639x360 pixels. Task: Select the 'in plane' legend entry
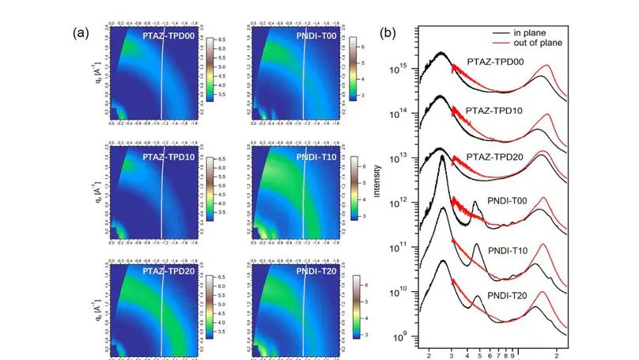[x=550, y=32]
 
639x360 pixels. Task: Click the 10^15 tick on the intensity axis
[x=403, y=69]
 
